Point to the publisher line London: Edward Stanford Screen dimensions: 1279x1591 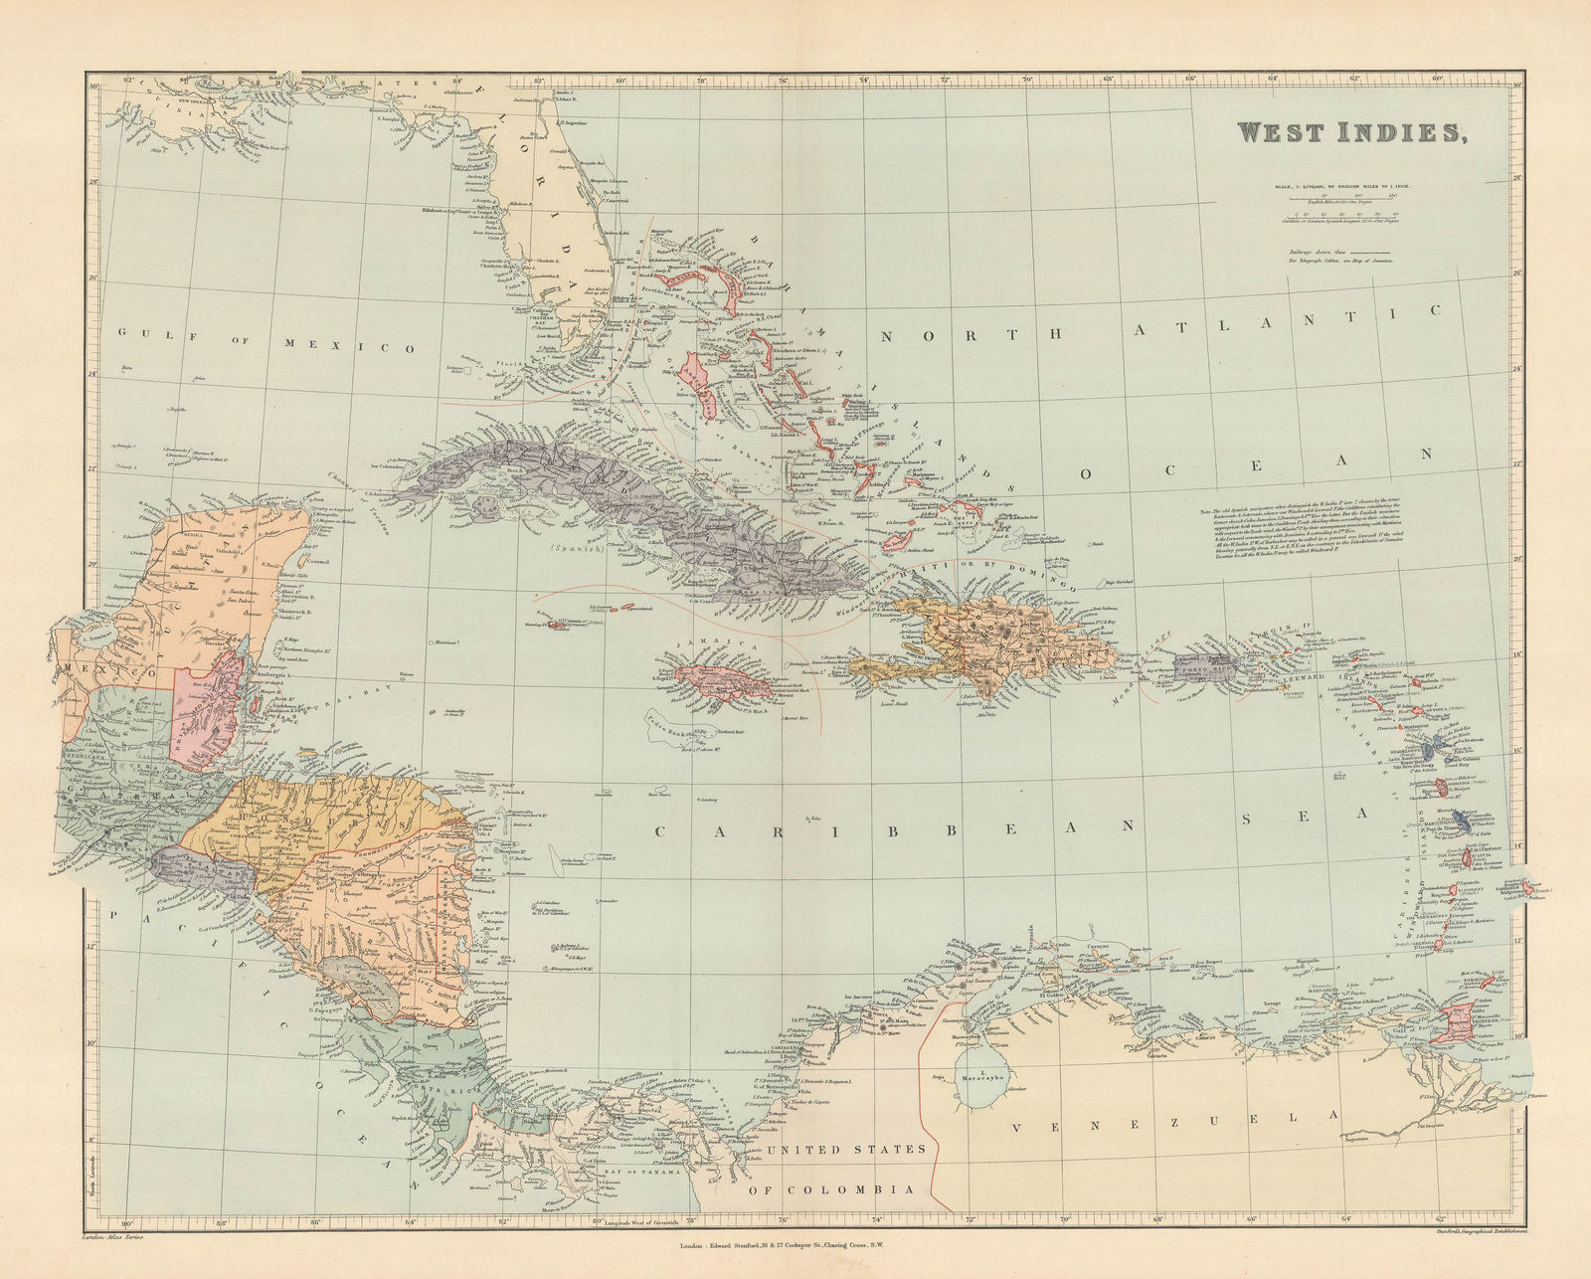click(x=795, y=1245)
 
